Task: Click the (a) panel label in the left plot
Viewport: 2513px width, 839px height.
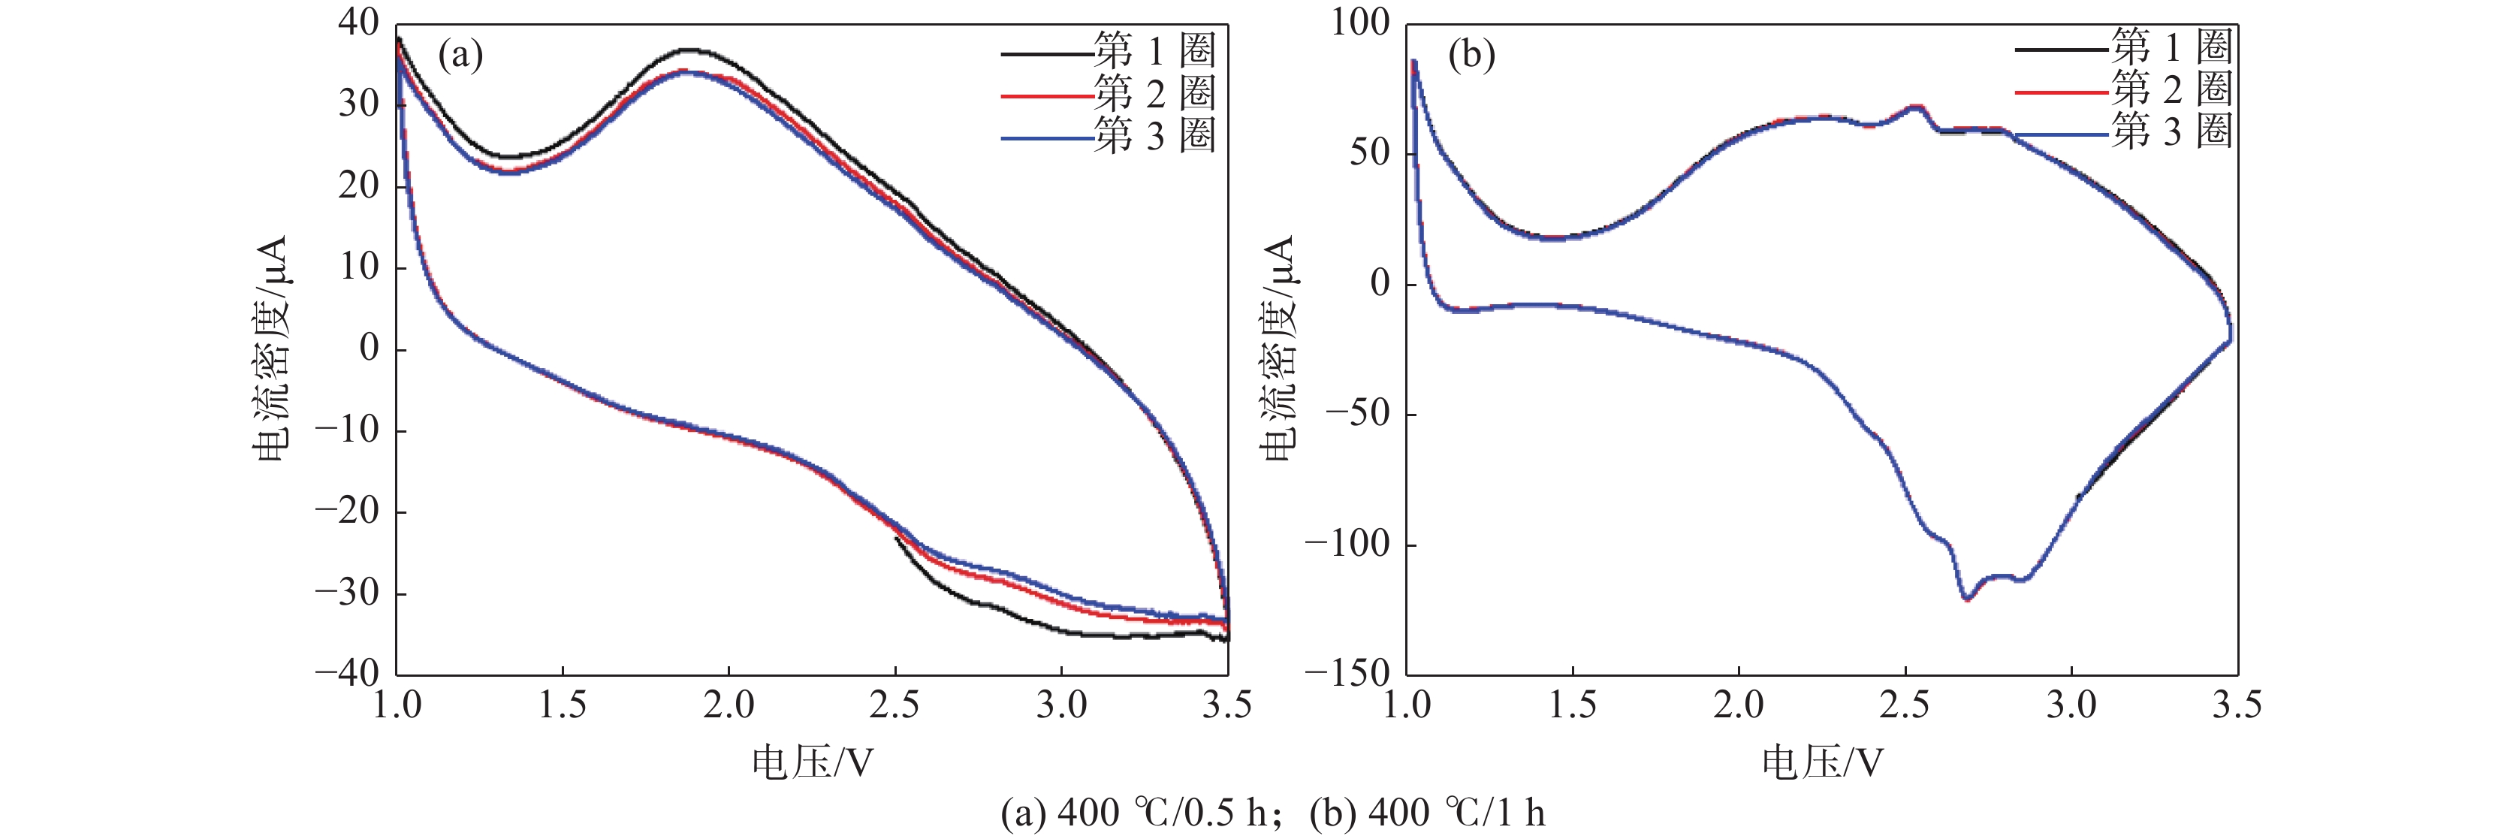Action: pyautogui.click(x=460, y=56)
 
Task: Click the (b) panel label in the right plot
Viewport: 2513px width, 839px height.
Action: pyautogui.click(x=1471, y=56)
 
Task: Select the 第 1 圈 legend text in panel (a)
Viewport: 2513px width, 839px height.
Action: pyautogui.click(x=1155, y=50)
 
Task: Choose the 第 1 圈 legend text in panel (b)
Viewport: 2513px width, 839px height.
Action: pyautogui.click(x=2171, y=46)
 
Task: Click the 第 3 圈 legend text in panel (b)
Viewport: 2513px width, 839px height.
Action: pyautogui.click(x=2171, y=131)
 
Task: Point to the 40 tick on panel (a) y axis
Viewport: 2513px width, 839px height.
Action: pyautogui.click(x=358, y=23)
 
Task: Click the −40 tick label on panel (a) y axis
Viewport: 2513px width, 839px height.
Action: pyautogui.click(x=347, y=672)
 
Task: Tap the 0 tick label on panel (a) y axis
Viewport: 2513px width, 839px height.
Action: pyautogui.click(x=369, y=347)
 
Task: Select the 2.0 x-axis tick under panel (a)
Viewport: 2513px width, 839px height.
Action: pyautogui.click(x=729, y=705)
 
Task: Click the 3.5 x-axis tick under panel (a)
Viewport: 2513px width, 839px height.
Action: pyautogui.click(x=1226, y=705)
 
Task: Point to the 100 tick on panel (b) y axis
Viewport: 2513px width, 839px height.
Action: pyautogui.click(x=1360, y=23)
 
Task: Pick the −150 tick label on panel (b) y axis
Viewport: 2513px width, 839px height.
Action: pyautogui.click(x=1347, y=672)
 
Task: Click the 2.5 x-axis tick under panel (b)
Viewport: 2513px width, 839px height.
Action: pyautogui.click(x=1904, y=705)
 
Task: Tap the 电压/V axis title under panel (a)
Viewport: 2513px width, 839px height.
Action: pyautogui.click(x=812, y=762)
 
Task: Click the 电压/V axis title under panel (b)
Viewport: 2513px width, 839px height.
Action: pyautogui.click(x=1821, y=762)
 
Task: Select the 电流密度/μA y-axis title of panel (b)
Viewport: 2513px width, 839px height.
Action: pyautogui.click(x=1278, y=347)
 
